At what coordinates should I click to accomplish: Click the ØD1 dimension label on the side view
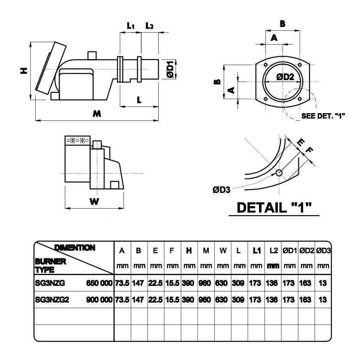point(170,69)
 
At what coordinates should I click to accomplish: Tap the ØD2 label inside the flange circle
point(285,77)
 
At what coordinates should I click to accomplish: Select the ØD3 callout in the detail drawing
point(221,190)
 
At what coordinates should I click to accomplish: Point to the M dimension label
point(97,114)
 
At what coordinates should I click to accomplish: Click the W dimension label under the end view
point(94,201)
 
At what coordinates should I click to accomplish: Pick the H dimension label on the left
point(24,71)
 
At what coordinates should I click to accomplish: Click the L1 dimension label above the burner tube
point(131,26)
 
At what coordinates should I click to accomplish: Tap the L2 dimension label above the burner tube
point(149,26)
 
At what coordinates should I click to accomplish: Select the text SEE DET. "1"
point(323,116)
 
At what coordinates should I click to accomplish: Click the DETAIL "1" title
point(274,207)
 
